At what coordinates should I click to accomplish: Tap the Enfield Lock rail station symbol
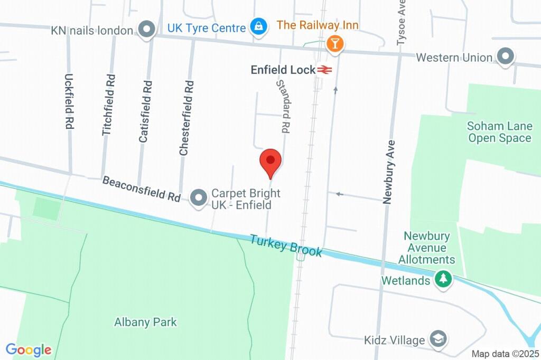coord(324,70)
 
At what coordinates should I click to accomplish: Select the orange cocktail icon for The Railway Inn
coord(334,43)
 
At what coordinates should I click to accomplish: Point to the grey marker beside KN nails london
coord(146,28)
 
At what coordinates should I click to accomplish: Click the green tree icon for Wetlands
coord(443,279)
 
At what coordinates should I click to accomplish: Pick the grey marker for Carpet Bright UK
coord(199,198)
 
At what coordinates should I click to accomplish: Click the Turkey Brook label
coord(286,245)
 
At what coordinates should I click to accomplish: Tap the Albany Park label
coord(146,322)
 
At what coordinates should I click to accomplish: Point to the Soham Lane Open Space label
coord(499,132)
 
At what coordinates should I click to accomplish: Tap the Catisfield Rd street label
coord(145,111)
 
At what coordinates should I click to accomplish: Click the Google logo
coord(29,350)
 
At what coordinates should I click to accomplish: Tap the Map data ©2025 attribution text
coord(505,354)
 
